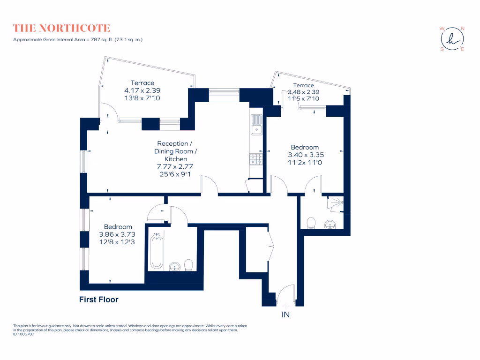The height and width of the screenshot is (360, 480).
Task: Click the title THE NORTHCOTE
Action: [x=61, y=28]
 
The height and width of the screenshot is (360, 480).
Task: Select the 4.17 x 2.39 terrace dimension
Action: [x=142, y=90]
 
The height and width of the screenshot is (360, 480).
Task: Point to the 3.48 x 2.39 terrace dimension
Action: [x=303, y=92]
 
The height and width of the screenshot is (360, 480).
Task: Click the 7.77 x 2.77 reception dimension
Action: [x=175, y=166]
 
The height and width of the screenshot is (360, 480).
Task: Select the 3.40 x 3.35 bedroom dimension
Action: [x=306, y=155]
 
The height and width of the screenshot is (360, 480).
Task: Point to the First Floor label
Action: [x=98, y=300]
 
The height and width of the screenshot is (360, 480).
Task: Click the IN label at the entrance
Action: [x=285, y=315]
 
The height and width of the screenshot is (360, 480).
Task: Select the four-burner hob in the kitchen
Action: [x=256, y=160]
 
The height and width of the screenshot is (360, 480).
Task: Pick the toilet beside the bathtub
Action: [x=189, y=266]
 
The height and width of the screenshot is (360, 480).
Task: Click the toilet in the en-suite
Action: [x=311, y=222]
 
